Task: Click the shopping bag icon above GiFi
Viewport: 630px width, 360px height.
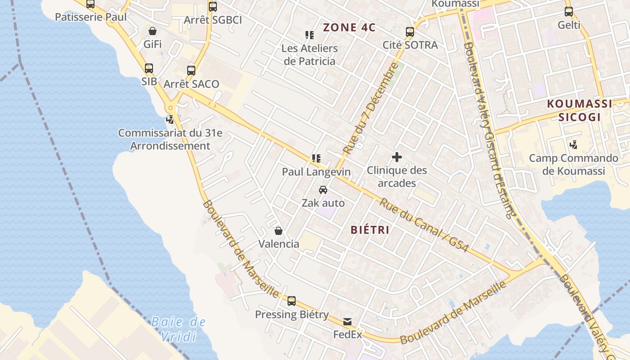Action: coord(153,31)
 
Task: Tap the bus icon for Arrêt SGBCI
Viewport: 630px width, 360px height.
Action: coord(213,7)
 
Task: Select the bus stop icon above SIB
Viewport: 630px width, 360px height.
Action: coord(149,68)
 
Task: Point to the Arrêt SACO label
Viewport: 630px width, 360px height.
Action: coord(191,84)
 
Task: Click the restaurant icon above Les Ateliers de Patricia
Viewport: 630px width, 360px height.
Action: coord(309,35)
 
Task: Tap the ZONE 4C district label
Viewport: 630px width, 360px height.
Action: coord(349,27)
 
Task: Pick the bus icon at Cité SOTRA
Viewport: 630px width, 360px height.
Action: coord(409,32)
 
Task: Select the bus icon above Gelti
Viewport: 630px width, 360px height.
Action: coord(569,12)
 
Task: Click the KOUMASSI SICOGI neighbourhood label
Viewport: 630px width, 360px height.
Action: coord(580,111)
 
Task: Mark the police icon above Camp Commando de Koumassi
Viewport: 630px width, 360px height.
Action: coord(573,145)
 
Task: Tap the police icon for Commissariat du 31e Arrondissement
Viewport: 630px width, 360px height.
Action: coord(170,120)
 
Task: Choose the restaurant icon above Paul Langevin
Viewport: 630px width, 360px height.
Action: coord(316,158)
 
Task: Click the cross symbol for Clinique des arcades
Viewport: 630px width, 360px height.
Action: coord(396,157)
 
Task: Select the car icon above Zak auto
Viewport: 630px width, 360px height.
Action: coord(323,190)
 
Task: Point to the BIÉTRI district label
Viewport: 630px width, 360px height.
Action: coord(370,230)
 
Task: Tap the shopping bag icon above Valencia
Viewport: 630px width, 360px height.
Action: coord(279,231)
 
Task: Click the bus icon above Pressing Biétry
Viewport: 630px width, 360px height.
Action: coord(292,301)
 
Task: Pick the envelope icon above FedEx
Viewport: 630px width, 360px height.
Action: coord(347,322)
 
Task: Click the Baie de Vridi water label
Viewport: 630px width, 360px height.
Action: coord(178,329)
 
